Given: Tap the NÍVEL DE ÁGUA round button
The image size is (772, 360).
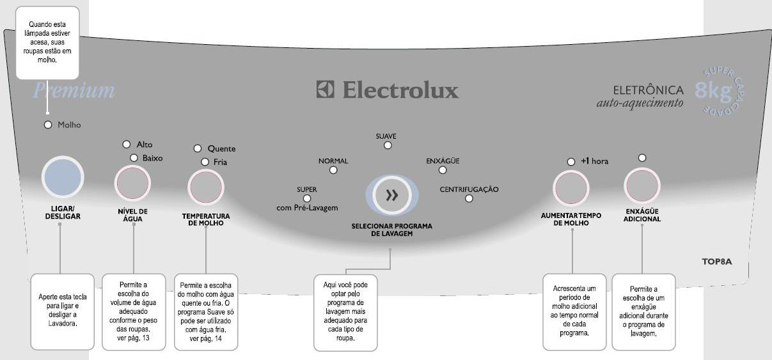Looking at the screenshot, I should (x=132, y=184).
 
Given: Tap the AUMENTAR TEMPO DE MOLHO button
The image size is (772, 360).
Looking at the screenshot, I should (x=571, y=187).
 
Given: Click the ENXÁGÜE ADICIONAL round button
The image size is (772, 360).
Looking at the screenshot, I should (x=642, y=186).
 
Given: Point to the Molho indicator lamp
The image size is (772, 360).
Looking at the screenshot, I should (x=47, y=125).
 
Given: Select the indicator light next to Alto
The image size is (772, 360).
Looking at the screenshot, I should (x=127, y=145).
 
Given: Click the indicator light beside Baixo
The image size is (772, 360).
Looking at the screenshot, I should (x=134, y=157).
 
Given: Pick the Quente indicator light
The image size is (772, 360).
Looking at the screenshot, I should (x=198, y=148).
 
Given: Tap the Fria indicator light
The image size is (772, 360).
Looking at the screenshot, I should (x=205, y=162).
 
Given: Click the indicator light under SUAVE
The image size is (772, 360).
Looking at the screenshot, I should (x=387, y=145).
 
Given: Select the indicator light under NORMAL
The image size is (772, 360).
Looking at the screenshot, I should (x=333, y=170).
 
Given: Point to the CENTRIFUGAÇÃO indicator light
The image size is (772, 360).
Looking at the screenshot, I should (x=469, y=198).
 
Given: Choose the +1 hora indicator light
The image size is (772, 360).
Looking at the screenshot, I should (x=571, y=162).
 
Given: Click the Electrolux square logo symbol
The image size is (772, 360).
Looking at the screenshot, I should (x=326, y=90).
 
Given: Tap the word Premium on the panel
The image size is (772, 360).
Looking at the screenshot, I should (x=74, y=90).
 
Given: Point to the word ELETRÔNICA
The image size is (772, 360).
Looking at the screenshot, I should (x=648, y=90).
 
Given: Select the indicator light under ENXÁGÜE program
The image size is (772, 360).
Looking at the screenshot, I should (x=442, y=169).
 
